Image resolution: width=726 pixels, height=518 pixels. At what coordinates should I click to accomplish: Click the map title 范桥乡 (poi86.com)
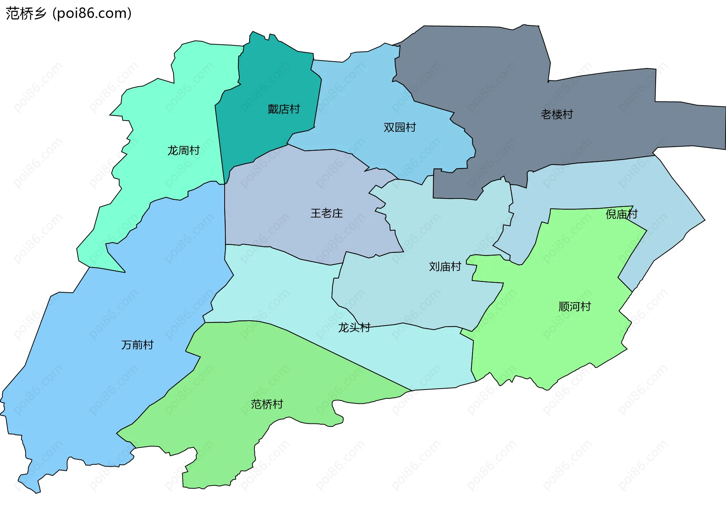68,13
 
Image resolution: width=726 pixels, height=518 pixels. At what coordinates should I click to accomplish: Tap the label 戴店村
284,109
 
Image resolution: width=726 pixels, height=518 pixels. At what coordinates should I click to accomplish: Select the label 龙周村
183,150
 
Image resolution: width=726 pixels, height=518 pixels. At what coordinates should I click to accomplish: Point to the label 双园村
400,127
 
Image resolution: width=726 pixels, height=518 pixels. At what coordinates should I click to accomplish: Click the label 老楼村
557,114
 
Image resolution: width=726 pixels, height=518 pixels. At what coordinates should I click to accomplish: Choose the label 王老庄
327,213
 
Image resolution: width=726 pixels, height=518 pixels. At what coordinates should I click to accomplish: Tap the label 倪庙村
621,214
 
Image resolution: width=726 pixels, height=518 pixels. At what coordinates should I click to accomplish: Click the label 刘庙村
445,267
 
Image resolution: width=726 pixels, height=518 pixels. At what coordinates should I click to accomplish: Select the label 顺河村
574,306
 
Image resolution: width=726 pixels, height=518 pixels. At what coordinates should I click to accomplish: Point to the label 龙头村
354,327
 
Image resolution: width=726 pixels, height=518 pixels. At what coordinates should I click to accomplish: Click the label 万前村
137,345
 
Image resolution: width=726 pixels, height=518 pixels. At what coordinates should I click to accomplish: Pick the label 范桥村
267,404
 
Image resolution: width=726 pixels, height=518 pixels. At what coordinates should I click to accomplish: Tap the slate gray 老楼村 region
492,76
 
